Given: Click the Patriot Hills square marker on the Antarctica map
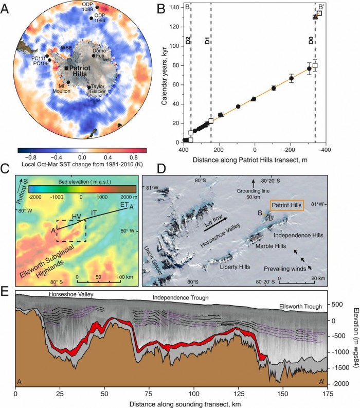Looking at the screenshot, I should point(67,68).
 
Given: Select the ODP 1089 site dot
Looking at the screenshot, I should point(97,7).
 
